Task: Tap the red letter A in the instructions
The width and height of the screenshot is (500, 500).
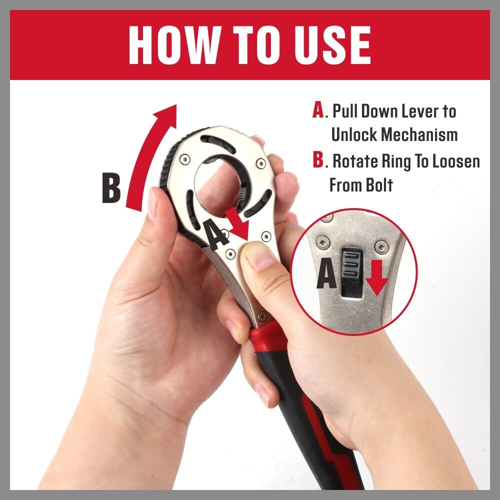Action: [318, 110]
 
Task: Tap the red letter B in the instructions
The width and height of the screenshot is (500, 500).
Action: [318, 160]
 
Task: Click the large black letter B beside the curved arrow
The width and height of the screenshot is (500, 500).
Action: [111, 188]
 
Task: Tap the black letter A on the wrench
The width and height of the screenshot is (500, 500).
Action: [215, 234]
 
